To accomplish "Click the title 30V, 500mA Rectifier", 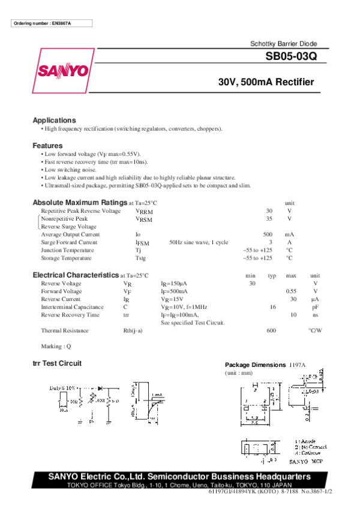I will tap(266, 83).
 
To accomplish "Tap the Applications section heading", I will tap(54, 120).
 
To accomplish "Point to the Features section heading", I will tap(47, 146).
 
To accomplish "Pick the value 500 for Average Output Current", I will tap(268, 234).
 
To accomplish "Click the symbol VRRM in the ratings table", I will tap(144, 212).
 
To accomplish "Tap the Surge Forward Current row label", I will tap(69, 242).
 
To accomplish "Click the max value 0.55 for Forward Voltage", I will tap(291, 291).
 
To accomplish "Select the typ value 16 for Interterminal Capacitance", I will tap(272, 306).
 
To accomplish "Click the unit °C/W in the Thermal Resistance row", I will tap(315, 330).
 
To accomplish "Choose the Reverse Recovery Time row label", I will tap(70, 314).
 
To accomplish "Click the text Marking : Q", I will tap(56, 346).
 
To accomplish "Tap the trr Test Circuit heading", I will tap(56, 363).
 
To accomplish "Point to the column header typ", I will tap(272, 275).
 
